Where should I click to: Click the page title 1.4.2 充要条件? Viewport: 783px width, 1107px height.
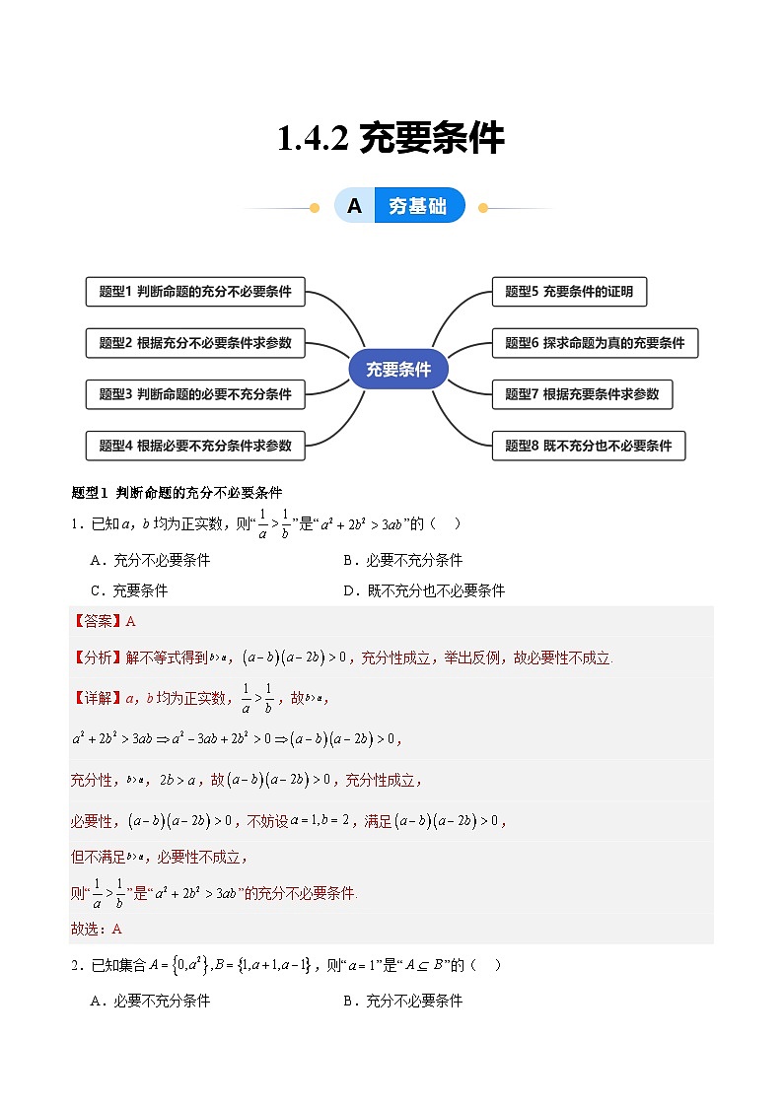pos(391,139)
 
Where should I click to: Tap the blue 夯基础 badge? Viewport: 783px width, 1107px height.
pos(419,206)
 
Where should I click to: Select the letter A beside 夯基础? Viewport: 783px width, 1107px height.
pos(355,206)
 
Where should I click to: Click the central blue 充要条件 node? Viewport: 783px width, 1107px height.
pos(398,370)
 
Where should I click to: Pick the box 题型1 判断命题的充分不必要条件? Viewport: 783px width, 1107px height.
pos(195,292)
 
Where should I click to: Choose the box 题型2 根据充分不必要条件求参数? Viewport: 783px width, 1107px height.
pos(195,343)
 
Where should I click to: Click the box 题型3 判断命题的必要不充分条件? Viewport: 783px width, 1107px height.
pos(195,394)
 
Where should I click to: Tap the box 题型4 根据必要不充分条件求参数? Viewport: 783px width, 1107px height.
pos(195,446)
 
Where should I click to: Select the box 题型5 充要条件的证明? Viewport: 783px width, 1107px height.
pos(569,292)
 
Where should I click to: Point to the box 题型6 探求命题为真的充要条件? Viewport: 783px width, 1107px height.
pos(595,343)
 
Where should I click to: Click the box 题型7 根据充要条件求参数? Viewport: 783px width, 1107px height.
pos(582,394)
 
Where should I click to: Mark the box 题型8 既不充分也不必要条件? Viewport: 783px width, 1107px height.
pos(588,446)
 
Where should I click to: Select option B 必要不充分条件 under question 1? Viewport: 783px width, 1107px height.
pos(402,561)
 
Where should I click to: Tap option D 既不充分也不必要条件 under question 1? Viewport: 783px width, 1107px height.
pos(423,590)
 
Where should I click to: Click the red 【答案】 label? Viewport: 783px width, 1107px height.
pos(98,621)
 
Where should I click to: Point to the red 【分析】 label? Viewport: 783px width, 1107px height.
pos(98,657)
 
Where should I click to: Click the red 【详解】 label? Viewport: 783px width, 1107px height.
pos(98,698)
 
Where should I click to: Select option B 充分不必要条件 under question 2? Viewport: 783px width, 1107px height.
pos(402,1002)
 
